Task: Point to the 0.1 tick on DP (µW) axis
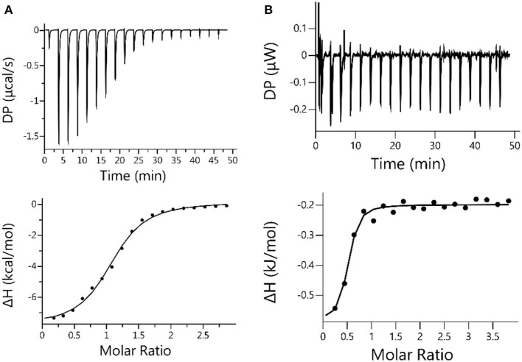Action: pyautogui.click(x=301, y=28)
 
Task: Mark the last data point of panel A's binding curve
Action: pyautogui.click(x=226, y=206)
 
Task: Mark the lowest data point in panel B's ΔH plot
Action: pyautogui.click(x=335, y=308)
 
